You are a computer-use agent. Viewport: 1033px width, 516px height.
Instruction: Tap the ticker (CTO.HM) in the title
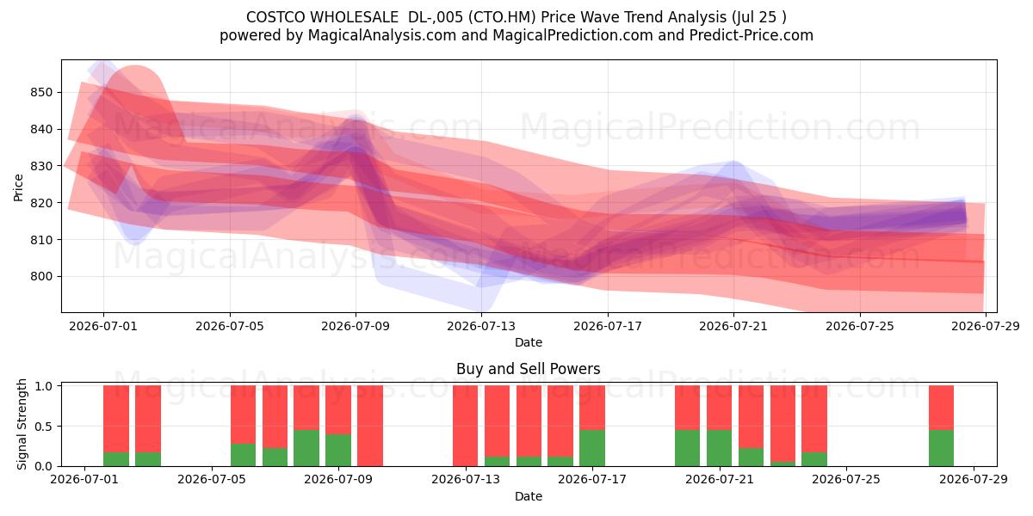502,17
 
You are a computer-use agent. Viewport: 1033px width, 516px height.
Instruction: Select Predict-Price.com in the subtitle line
752,35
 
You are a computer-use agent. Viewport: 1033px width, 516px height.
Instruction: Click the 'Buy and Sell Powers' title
528,369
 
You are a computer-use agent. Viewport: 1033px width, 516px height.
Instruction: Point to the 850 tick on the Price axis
41,92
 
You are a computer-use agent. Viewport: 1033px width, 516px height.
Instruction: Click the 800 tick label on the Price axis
41,276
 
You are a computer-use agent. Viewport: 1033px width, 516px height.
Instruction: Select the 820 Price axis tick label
41,203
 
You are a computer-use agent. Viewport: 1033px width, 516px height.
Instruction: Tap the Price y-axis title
18,187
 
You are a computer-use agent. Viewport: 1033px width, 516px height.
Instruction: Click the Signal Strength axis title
22,424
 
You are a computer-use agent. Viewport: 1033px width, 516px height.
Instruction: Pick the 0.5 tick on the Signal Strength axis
43,427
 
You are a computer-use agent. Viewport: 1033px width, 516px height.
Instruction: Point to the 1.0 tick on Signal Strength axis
43,385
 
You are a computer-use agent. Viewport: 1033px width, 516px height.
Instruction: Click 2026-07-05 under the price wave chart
230,326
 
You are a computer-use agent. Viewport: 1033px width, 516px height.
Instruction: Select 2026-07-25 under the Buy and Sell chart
846,480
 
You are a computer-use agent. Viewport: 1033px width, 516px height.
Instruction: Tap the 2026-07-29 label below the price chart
986,326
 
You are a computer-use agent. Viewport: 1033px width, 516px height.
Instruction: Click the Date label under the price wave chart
529,342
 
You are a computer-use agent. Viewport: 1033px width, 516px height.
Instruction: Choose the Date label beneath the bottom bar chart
529,496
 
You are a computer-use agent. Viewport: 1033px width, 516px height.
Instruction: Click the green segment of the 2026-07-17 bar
592,448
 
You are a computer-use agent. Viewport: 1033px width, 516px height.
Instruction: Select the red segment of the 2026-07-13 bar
466,426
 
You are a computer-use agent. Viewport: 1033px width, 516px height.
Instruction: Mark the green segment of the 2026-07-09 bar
338,450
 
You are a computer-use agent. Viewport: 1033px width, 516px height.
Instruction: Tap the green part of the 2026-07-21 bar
719,448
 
